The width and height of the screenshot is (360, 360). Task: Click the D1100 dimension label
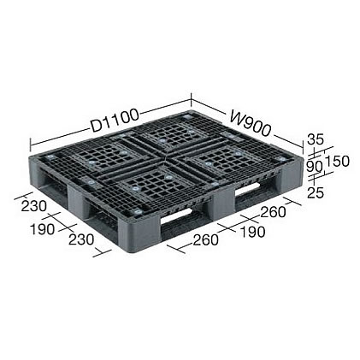(x=115, y=121)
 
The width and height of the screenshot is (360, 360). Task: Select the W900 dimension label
(x=250, y=123)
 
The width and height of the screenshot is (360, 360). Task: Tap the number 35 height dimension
(x=316, y=139)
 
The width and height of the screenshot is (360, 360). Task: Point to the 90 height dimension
(x=315, y=166)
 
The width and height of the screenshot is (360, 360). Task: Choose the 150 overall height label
(x=337, y=162)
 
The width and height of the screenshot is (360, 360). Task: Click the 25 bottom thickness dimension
(x=316, y=193)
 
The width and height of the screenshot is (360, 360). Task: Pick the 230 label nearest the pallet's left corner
(x=34, y=206)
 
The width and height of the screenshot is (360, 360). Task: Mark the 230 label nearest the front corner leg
(x=81, y=239)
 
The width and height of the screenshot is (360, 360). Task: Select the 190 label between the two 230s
(x=42, y=229)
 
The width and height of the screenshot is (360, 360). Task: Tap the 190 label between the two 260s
(x=253, y=232)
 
